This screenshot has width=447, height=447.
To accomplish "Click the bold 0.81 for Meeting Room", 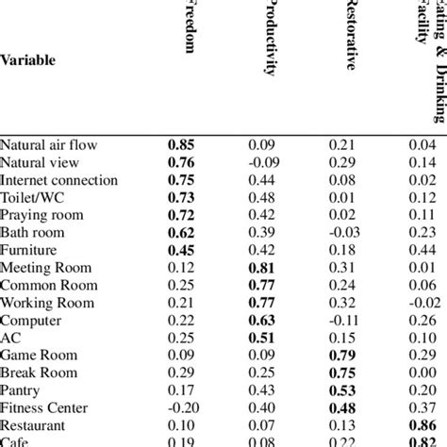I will click(262, 267).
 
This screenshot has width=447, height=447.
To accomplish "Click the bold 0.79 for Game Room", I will click(341, 355).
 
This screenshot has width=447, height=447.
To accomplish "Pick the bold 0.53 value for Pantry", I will click(341, 389).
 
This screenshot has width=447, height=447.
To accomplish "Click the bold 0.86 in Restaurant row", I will click(420, 424).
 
